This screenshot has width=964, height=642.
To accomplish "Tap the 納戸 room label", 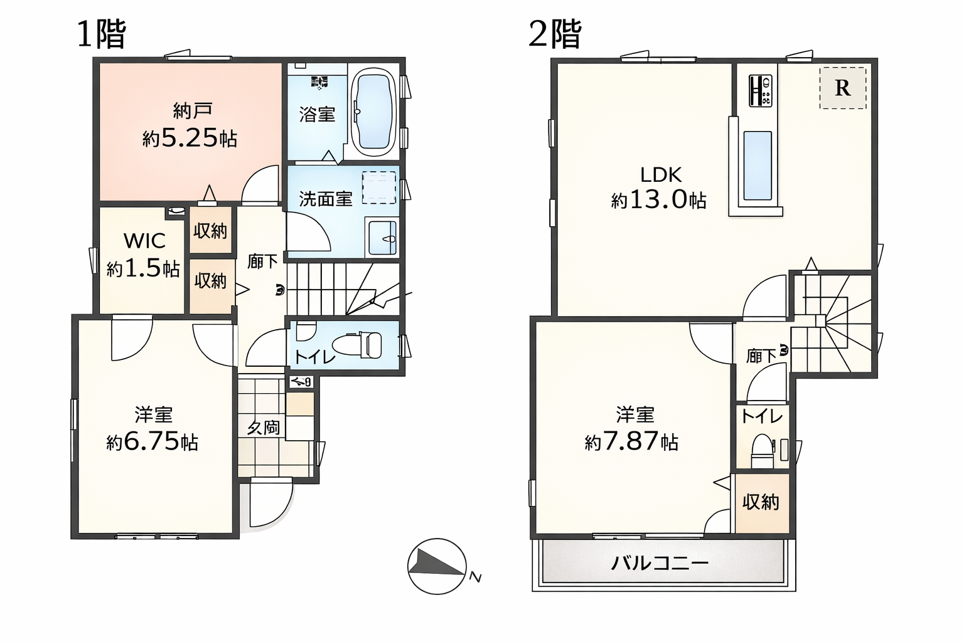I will pyautogui.click(x=191, y=111).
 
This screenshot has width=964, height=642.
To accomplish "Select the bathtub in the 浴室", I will pyautogui.click(x=373, y=112).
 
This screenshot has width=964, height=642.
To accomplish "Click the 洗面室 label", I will pyautogui.click(x=325, y=199).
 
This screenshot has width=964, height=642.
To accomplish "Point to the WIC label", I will pyautogui.click(x=144, y=241).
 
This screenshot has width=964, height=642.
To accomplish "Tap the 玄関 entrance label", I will pyautogui.click(x=263, y=428).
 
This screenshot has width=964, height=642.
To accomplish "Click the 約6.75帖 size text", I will pyautogui.click(x=153, y=441).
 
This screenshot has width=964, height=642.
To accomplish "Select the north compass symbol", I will pyautogui.click(x=437, y=566).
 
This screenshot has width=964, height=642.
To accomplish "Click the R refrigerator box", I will pyautogui.click(x=842, y=88).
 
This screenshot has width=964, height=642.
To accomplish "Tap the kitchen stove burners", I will pyautogui.click(x=760, y=90).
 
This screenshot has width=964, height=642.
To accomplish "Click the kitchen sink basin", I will pyautogui.click(x=757, y=166).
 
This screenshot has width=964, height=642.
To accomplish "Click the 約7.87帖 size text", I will pyautogui.click(x=631, y=441).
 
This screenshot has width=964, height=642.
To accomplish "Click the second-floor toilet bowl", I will pyautogui.click(x=763, y=450).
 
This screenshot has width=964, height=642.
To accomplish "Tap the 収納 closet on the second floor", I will pyautogui.click(x=761, y=502).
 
